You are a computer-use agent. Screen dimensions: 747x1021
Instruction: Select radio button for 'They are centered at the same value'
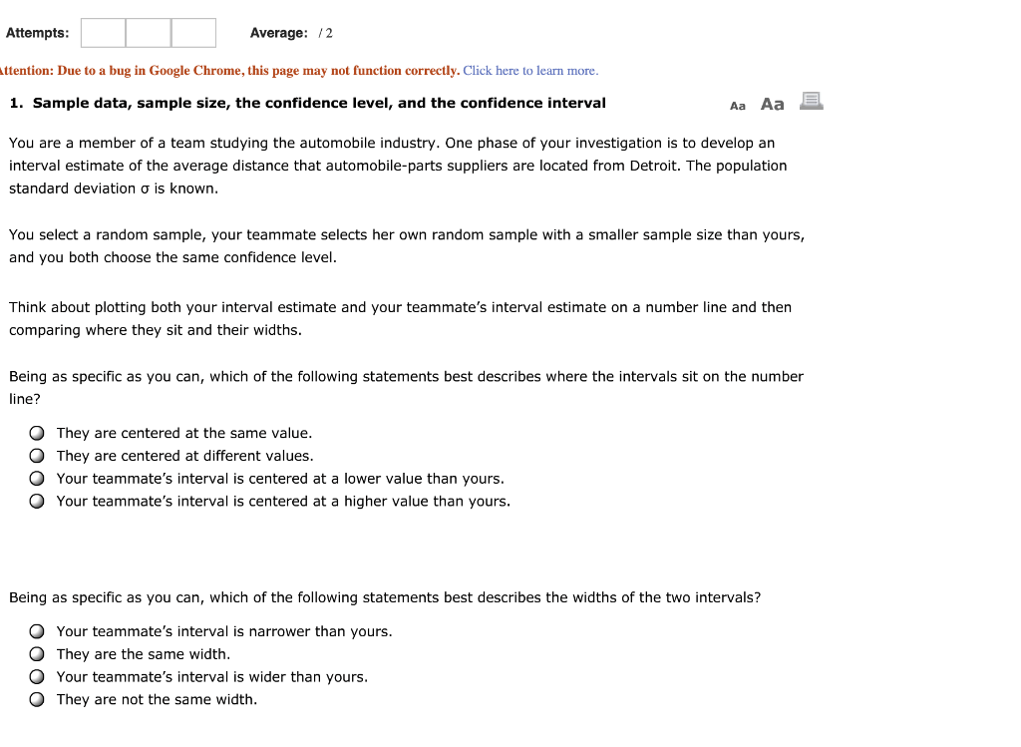[37, 434]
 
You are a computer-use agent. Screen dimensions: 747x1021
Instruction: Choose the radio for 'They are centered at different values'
[37, 457]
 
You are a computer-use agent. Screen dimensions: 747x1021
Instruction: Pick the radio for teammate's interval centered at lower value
[37, 480]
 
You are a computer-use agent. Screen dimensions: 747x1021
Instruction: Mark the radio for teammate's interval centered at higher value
[37, 502]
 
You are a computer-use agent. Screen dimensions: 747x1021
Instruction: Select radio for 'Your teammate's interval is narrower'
[37, 632]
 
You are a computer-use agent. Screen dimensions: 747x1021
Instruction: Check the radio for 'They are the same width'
[37, 655]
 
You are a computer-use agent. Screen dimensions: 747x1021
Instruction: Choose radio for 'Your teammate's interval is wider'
[37, 677]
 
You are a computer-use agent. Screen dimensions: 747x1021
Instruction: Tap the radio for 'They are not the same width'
[37, 700]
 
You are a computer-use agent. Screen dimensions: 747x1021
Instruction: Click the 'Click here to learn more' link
[530, 71]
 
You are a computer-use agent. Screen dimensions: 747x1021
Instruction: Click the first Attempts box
[103, 33]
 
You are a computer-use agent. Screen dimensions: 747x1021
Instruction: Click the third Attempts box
[193, 33]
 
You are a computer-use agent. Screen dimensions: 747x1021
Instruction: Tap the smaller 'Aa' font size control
[738, 106]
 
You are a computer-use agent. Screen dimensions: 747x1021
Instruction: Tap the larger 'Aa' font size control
[772, 104]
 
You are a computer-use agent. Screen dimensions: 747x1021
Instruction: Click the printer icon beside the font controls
[811, 101]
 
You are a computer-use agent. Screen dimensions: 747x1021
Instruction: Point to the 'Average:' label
[278, 33]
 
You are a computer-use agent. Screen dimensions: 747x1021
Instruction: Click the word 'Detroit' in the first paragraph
[655, 166]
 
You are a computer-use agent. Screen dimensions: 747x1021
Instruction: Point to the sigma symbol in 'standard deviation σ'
[145, 188]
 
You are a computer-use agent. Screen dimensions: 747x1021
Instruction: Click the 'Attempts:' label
[38, 33]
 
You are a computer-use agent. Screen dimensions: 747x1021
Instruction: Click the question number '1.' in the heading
[17, 103]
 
